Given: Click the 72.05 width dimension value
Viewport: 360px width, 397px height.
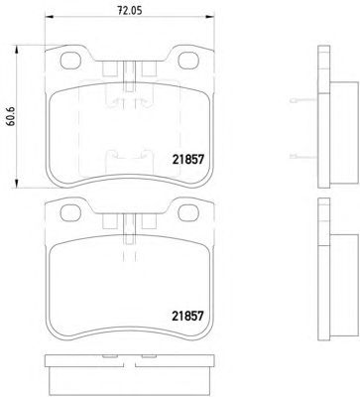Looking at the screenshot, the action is [130, 11].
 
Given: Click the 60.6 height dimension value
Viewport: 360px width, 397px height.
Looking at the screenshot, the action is [11, 118].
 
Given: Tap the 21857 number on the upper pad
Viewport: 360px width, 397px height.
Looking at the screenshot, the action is [187, 160].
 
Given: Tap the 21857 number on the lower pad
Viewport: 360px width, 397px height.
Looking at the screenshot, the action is [187, 316].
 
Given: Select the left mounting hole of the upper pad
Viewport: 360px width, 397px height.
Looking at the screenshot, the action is [70, 61].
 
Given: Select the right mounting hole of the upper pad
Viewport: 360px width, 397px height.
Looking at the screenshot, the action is [188, 61].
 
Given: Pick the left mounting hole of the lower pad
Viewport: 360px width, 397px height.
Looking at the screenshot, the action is [70, 212].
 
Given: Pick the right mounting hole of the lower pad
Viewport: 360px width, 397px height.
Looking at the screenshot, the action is [188, 212].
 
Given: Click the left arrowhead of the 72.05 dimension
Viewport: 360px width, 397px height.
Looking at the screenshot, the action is [49, 17].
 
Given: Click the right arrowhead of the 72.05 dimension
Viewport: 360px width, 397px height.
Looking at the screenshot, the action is [209, 17].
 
